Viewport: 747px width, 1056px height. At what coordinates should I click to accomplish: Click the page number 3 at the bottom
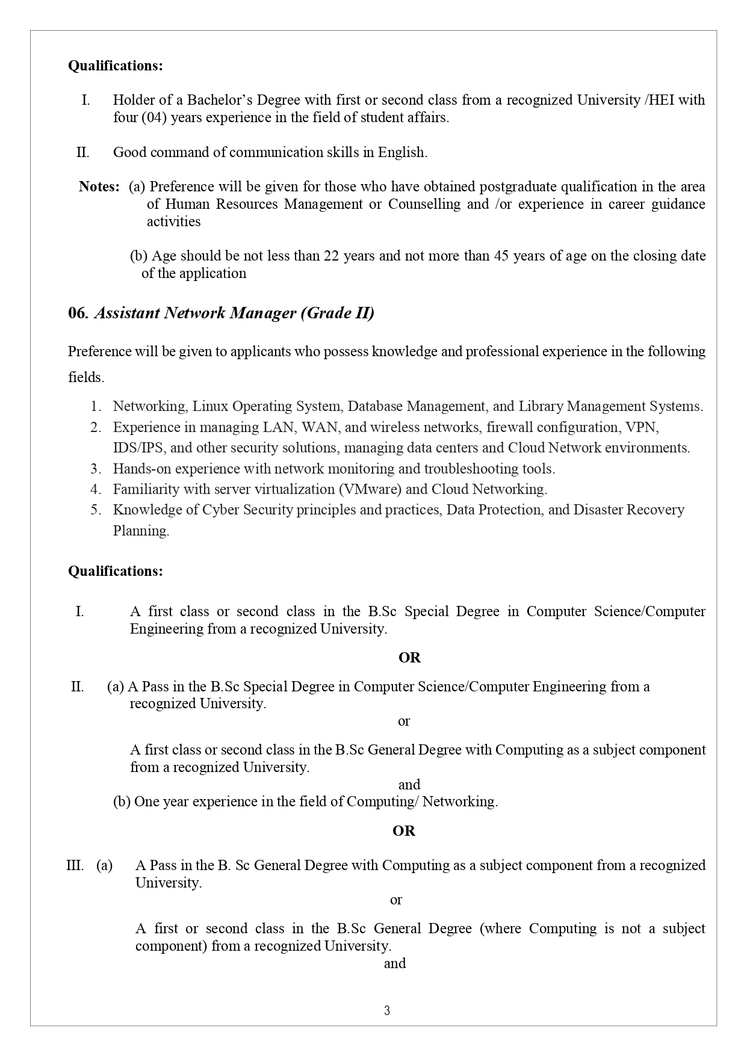[387, 1010]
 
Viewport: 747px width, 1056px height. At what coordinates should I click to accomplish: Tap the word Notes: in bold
[99, 187]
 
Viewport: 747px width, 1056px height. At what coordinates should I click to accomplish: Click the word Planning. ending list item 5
[141, 531]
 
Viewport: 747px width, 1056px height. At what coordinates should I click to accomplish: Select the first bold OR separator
[409, 658]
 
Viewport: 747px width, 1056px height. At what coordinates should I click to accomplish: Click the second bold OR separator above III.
[403, 831]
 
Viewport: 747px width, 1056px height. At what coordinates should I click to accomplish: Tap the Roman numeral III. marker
[75, 865]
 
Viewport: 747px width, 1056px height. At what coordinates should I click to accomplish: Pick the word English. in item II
[402, 152]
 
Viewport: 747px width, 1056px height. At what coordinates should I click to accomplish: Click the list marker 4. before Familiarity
[96, 489]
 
